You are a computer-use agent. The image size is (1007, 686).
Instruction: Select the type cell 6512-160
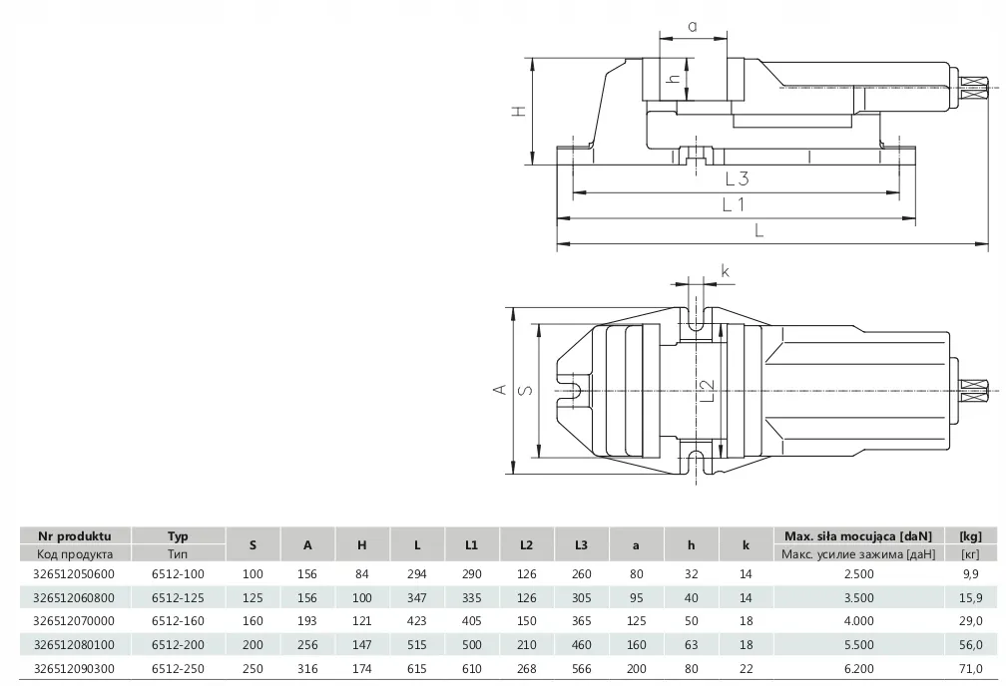(178, 620)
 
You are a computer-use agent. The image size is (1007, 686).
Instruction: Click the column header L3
(581, 544)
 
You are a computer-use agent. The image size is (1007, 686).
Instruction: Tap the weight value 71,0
(971, 668)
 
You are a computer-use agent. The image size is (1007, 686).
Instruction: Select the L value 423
(416, 620)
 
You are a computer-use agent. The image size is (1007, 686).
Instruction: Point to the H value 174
(362, 668)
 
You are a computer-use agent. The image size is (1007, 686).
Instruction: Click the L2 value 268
(526, 668)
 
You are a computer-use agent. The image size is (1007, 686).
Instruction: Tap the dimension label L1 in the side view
(734, 204)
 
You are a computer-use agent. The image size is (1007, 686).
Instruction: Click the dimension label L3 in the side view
(737, 178)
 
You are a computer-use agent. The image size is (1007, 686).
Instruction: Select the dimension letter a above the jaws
(691, 27)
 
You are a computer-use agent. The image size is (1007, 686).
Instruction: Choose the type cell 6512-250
(178, 668)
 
